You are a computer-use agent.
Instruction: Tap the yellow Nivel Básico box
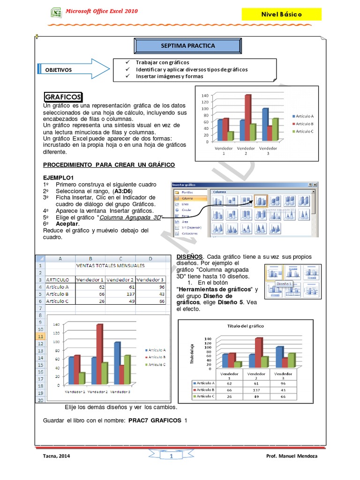[281, 15]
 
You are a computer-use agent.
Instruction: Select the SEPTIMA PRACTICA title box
[187, 46]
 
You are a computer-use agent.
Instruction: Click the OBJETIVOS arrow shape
[70, 70]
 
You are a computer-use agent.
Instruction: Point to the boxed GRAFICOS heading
[63, 97]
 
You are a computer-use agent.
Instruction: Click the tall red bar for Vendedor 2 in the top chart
[248, 117]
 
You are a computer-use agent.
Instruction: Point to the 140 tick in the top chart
[204, 96]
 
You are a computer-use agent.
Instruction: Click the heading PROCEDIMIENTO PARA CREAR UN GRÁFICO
[109, 165]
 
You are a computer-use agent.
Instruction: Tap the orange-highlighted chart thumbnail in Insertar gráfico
[261, 201]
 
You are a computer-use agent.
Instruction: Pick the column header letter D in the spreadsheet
[150, 258]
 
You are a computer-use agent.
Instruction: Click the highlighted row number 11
[40, 337]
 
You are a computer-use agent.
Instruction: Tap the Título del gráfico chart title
[246, 326]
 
